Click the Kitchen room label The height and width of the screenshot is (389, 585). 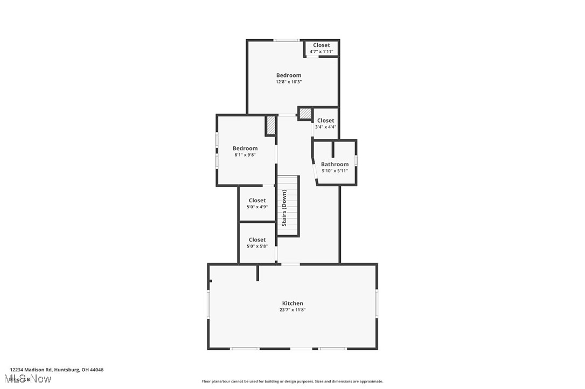pyautogui.click(x=292, y=303)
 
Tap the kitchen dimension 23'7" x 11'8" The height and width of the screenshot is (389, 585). pyautogui.click(x=292, y=310)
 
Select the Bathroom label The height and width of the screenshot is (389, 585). pyautogui.click(x=335, y=164)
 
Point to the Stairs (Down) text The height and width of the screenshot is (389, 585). pyautogui.click(x=284, y=208)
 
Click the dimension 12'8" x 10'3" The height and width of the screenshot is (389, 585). pyautogui.click(x=289, y=82)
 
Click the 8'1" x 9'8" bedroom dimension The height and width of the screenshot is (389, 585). pyautogui.click(x=245, y=155)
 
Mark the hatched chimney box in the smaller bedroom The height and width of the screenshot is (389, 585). pyautogui.click(x=270, y=126)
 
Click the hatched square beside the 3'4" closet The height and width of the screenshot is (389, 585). pyautogui.click(x=305, y=114)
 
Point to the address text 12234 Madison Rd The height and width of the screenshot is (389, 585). pyautogui.click(x=57, y=370)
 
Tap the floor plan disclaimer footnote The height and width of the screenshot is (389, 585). pyautogui.click(x=292, y=381)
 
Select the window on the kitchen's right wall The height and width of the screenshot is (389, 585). pyautogui.click(x=377, y=303)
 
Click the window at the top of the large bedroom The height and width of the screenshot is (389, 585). pyautogui.click(x=286, y=40)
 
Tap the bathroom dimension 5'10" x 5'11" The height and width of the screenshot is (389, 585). pyautogui.click(x=335, y=171)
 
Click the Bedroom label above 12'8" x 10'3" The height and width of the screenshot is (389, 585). pyautogui.click(x=289, y=75)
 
